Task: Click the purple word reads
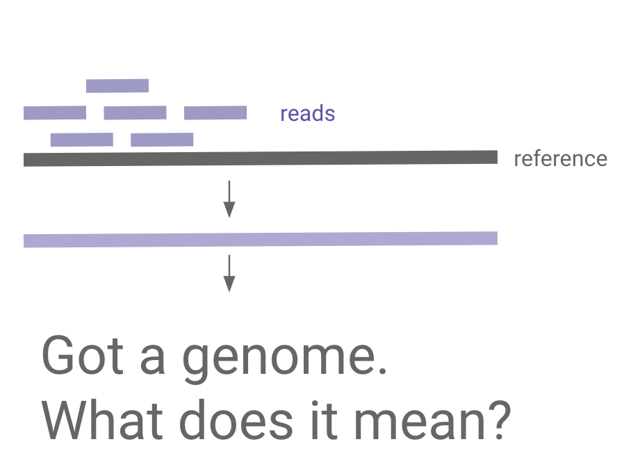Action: click(x=307, y=113)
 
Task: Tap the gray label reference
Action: click(x=560, y=158)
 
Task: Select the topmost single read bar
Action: click(x=117, y=85)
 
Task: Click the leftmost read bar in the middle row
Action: click(x=55, y=113)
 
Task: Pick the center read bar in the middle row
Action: click(x=135, y=113)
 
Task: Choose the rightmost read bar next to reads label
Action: click(x=215, y=113)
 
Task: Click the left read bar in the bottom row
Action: click(x=81, y=140)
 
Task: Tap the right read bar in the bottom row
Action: click(x=162, y=140)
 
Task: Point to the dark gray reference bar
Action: click(x=261, y=158)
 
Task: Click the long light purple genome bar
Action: click(x=261, y=239)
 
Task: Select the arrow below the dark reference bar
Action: click(x=229, y=199)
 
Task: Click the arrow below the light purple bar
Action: click(x=229, y=274)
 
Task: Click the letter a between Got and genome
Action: click(x=154, y=360)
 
